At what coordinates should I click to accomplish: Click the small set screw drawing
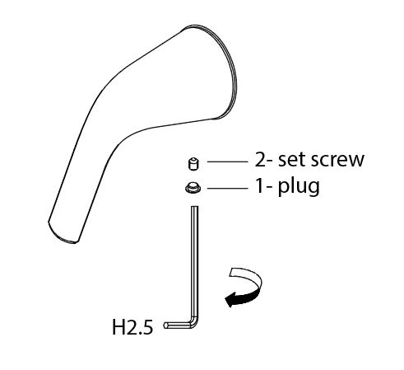pos(193,164)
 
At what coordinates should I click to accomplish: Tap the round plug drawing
pos(193,188)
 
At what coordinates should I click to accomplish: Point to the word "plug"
pos(299,188)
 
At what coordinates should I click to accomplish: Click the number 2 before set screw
pos(261,159)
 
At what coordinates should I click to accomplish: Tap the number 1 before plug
pos(260,186)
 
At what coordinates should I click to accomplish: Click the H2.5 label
pos(132,327)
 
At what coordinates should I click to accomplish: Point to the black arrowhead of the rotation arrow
pos(230,300)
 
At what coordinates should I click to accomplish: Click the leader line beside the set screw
pos(227,162)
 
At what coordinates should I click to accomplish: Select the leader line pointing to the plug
pos(227,188)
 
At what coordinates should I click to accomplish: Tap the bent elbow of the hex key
pos(194,322)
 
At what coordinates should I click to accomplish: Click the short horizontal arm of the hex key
pos(178,326)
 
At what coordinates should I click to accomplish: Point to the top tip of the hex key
pos(194,207)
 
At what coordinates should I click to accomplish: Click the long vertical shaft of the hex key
pos(194,262)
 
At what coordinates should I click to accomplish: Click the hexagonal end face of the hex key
pos(165,326)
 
